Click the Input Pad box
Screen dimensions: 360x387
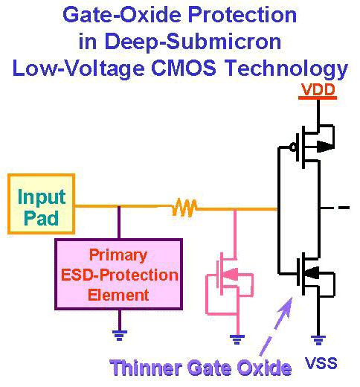tap(41, 204)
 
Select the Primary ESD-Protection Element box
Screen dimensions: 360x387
tap(119, 275)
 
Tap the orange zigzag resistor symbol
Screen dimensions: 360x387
tap(184, 208)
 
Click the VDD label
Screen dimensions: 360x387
tap(318, 89)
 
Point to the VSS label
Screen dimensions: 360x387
tap(321, 363)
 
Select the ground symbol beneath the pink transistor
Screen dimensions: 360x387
tap(237, 339)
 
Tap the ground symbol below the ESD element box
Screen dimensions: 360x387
tap(120, 336)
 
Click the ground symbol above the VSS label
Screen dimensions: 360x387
tap(318, 340)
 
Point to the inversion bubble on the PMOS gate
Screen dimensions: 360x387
tap(293, 147)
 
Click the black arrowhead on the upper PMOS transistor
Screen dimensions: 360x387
tap(325, 147)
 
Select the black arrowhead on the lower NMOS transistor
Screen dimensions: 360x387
tap(312, 272)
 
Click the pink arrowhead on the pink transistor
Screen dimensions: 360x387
tap(231, 275)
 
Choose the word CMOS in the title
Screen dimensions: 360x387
tap(184, 68)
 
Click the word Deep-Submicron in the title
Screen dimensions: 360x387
tap(193, 41)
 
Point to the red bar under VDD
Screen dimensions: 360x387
tap(318, 98)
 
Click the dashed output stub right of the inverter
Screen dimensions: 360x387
tap(335, 208)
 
